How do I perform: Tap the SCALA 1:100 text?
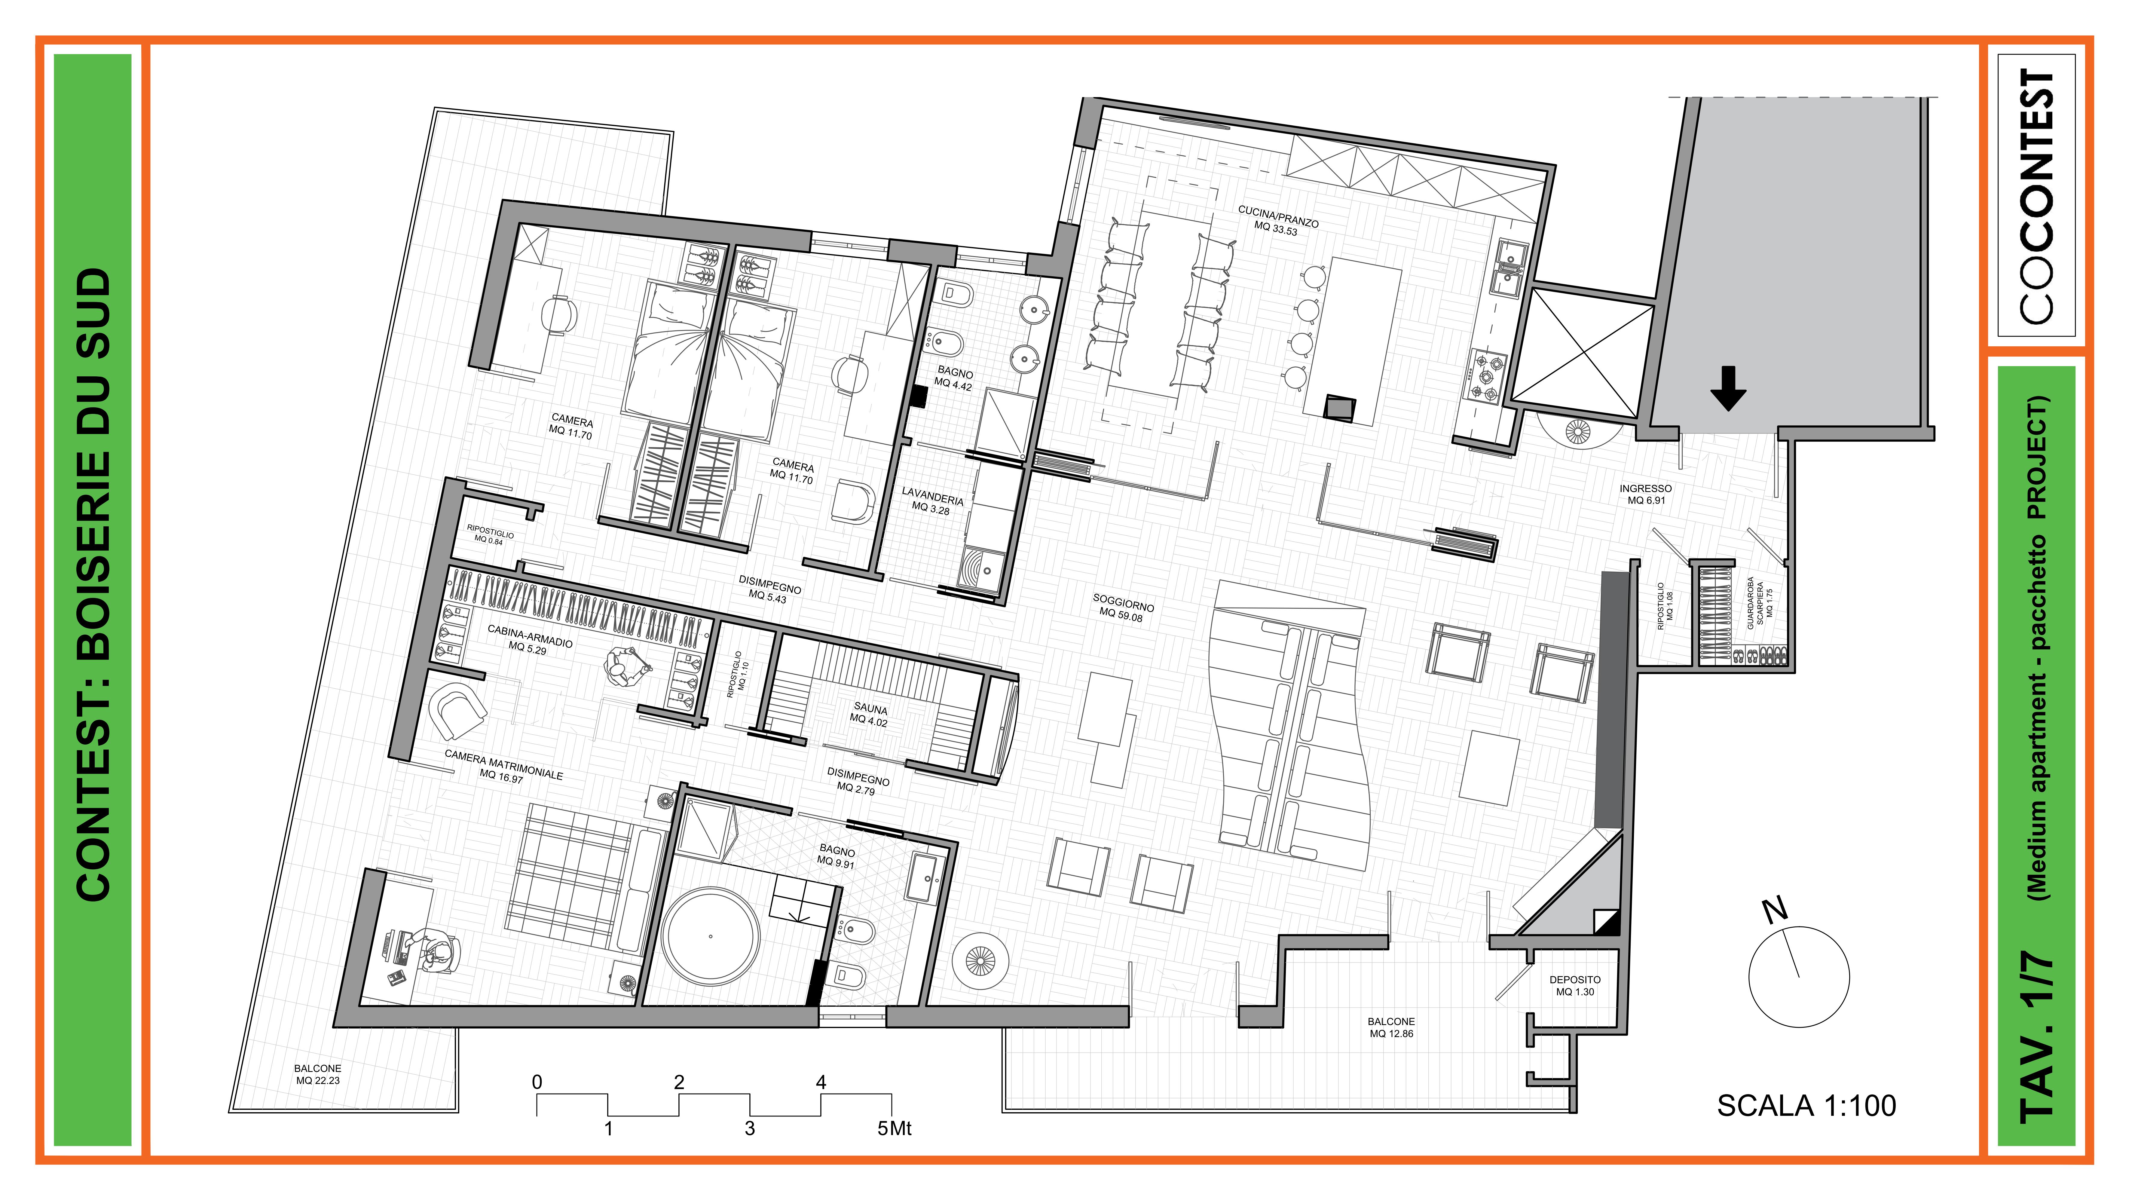[1807, 1106]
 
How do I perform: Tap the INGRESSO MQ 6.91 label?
[1645, 494]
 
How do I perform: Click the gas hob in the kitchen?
[1487, 376]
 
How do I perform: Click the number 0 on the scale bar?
[537, 1082]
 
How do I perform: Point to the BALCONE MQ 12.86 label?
[1391, 1027]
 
